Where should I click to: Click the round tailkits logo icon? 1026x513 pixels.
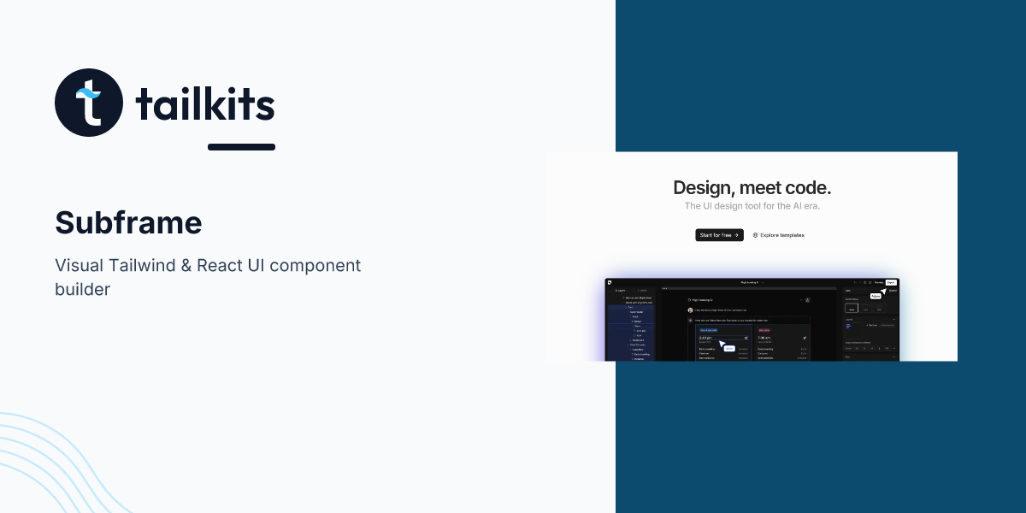click(x=89, y=103)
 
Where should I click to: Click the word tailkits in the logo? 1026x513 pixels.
click(x=205, y=105)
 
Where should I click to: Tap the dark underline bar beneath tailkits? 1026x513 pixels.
click(x=241, y=147)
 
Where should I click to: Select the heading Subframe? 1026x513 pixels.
click(x=128, y=222)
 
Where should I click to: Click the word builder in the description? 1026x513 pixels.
click(x=82, y=289)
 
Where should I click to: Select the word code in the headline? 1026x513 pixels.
click(x=807, y=188)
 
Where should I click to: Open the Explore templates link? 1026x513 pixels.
click(x=778, y=235)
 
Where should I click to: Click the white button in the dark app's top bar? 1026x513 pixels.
click(x=891, y=282)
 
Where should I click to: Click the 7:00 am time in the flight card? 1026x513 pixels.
click(x=764, y=338)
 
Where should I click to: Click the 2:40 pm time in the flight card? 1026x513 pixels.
click(x=705, y=338)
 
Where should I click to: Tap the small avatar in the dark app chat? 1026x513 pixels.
click(x=690, y=310)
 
